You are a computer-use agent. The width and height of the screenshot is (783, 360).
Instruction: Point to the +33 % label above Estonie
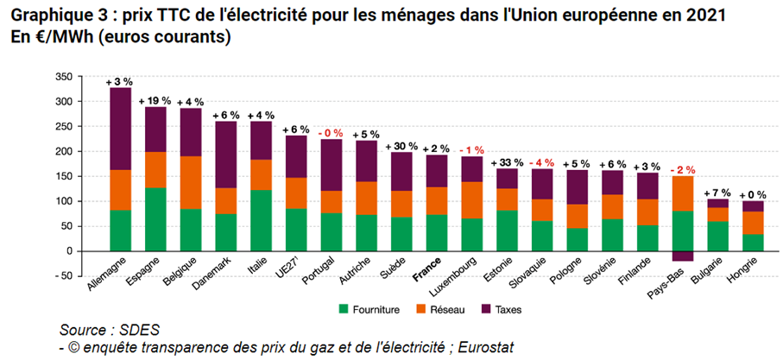click(506, 161)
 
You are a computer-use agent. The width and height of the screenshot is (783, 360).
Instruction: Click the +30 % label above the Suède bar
click(401, 145)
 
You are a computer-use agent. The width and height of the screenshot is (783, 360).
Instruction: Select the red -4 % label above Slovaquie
click(541, 162)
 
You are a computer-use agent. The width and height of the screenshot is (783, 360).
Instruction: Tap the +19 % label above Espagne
click(155, 100)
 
